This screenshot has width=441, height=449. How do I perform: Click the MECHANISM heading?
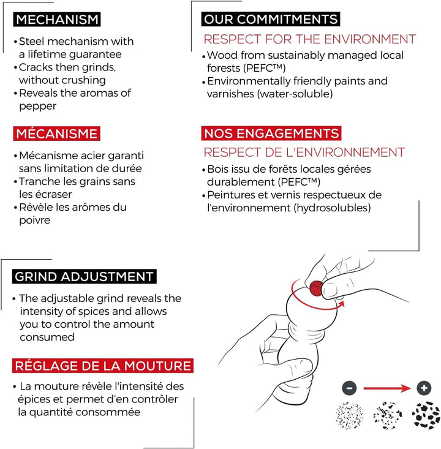(x=57, y=20)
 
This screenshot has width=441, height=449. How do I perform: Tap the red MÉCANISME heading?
(x=57, y=134)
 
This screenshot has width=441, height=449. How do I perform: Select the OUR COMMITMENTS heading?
(x=271, y=19)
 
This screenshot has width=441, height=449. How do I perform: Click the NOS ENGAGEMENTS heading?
(x=271, y=134)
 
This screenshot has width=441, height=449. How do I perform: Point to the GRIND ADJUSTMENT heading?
(x=84, y=277)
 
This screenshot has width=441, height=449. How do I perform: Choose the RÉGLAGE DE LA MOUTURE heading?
(x=103, y=366)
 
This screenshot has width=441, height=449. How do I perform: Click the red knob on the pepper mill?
(x=316, y=288)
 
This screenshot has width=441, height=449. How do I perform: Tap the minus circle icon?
(x=349, y=388)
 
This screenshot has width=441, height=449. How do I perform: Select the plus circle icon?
(x=424, y=388)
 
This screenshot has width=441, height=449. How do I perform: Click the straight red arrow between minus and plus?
(x=387, y=388)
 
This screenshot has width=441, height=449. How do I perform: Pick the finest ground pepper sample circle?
(x=349, y=415)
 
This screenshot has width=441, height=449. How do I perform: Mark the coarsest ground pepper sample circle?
(x=426, y=415)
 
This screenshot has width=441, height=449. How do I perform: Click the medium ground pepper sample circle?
(x=388, y=415)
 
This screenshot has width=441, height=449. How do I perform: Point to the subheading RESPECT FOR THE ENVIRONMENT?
(x=309, y=39)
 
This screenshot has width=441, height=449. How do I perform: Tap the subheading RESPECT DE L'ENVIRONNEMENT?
(x=304, y=153)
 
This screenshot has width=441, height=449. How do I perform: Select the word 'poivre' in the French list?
(x=35, y=220)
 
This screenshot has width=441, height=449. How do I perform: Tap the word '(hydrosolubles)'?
(x=332, y=208)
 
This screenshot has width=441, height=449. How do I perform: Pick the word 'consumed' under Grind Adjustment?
(x=47, y=337)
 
